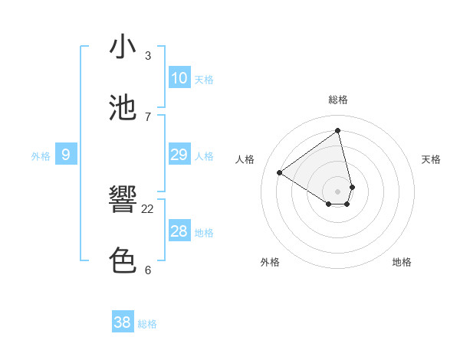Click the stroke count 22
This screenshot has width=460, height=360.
(x=148, y=208)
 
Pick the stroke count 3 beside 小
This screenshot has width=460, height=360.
(x=148, y=55)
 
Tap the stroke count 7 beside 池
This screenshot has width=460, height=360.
(x=148, y=116)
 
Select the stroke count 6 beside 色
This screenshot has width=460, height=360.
(x=148, y=270)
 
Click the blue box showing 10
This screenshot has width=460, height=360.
(x=179, y=78)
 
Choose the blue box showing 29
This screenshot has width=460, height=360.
(x=179, y=155)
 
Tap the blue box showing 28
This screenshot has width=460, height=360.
(x=179, y=231)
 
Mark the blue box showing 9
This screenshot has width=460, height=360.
(x=66, y=155)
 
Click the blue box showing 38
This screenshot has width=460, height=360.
(x=122, y=322)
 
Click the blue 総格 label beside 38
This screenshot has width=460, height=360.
(x=147, y=324)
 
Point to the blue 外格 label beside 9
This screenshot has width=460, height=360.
(x=41, y=156)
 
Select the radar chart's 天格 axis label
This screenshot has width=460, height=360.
(x=432, y=159)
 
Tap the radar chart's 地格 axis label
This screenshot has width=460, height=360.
(x=402, y=262)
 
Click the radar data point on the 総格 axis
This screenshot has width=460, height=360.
(x=337, y=130)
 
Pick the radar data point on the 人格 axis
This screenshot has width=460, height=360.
(x=280, y=172)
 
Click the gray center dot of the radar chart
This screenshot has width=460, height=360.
(x=337, y=191)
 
